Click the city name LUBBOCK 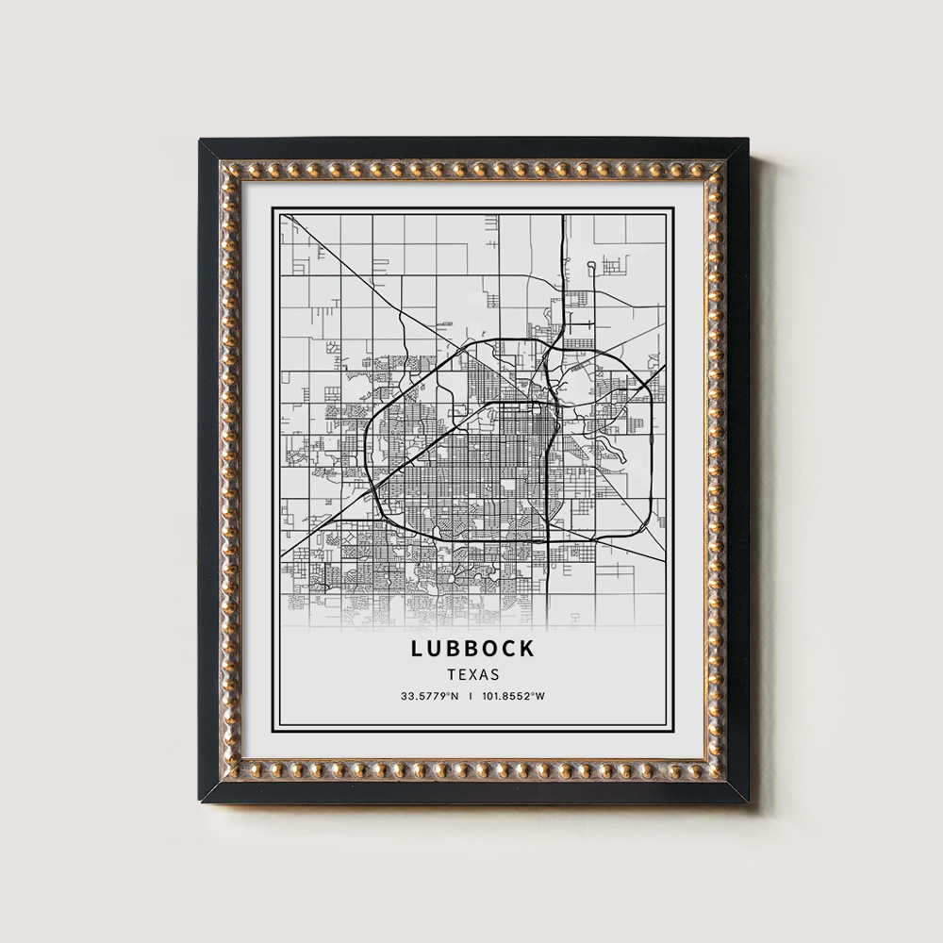pos(472,649)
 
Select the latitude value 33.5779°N pos(429,698)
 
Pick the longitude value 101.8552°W pos(514,698)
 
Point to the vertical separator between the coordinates pos(471,698)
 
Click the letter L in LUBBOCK pos(417,649)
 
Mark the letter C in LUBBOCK pos(509,649)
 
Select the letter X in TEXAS pos(472,675)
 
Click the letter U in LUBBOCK pos(435,649)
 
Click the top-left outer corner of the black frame pos(199,140)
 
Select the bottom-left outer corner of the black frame pos(199,802)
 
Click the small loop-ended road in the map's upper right pos(591,268)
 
